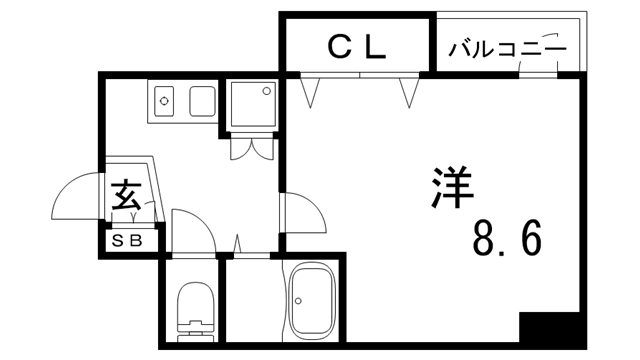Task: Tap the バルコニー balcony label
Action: pyautogui.click(x=507, y=48)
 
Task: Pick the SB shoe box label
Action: pyautogui.click(x=127, y=240)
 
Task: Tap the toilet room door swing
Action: pyautogui.click(x=192, y=230)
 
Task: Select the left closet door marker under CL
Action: pyautogui.click(x=311, y=92)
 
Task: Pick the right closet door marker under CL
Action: pyautogui.click(x=408, y=92)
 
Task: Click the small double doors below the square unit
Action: pyautogui.click(x=250, y=147)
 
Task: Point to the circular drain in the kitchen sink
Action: pyautogui.click(x=166, y=101)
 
